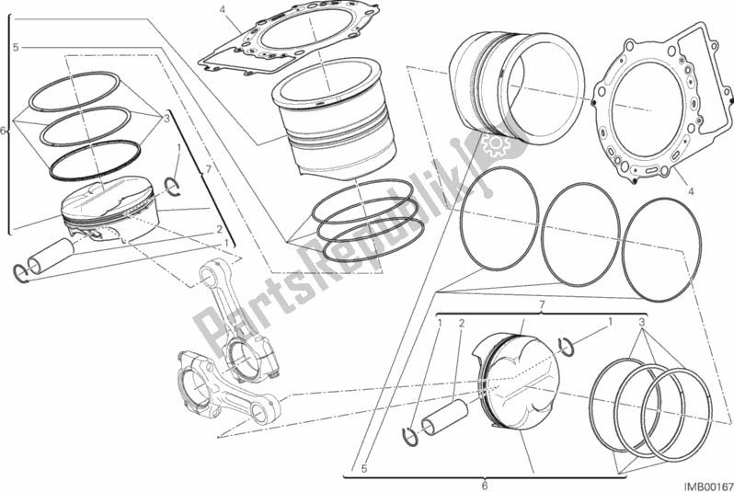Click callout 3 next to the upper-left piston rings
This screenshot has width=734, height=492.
coord(166,119)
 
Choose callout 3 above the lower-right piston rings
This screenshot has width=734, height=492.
coord(640,323)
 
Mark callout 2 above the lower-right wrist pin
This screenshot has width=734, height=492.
coord(461,323)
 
